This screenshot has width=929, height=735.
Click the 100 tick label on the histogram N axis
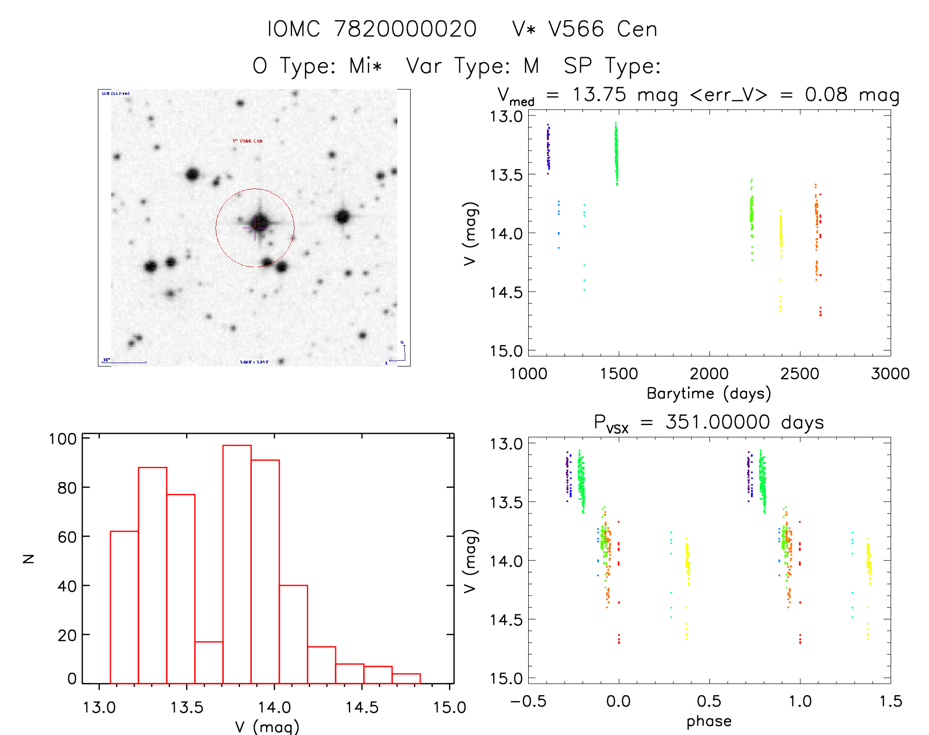tap(62, 438)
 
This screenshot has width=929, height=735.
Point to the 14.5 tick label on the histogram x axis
tap(361, 707)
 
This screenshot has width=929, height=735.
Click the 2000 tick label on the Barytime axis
tap(709, 373)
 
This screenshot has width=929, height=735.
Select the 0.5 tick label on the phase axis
tap(709, 701)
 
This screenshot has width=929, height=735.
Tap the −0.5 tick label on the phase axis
tap(528, 701)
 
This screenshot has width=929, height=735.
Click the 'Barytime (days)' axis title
tap(709, 394)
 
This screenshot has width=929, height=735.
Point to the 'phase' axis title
tap(709, 721)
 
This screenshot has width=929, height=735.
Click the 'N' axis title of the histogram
tap(29, 558)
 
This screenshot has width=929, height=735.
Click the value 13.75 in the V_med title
tap(599, 94)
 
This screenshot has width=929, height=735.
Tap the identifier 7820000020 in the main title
tap(405, 29)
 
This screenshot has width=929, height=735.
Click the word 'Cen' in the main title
tap(637, 29)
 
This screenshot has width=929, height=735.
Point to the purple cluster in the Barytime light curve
tap(548, 148)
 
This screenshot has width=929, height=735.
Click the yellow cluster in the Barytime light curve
tap(780, 236)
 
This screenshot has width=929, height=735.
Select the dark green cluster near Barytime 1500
tap(616, 153)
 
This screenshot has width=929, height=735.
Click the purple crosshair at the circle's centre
tap(255, 227)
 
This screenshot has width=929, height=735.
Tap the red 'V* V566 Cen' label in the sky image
tap(247, 141)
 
